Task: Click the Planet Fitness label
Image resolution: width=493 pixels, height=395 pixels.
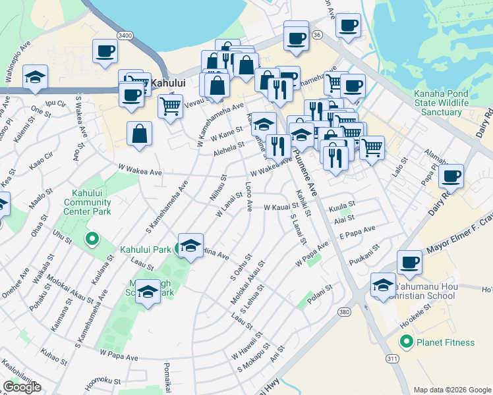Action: point(445,342)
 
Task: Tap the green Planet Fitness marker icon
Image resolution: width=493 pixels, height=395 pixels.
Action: point(407,342)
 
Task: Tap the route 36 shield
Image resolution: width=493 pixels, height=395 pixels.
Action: point(317,34)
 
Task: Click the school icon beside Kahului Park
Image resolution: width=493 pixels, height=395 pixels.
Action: point(190,246)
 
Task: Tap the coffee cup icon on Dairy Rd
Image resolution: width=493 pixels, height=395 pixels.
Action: point(452,176)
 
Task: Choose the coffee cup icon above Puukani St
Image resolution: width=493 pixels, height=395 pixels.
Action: point(409,263)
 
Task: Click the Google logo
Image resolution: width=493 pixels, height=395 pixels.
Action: point(22,387)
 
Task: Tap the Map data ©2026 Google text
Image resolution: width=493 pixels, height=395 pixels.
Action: point(452,390)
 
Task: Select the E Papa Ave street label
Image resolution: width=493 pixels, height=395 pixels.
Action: point(357,232)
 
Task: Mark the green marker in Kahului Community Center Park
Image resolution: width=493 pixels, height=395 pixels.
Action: point(92,238)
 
